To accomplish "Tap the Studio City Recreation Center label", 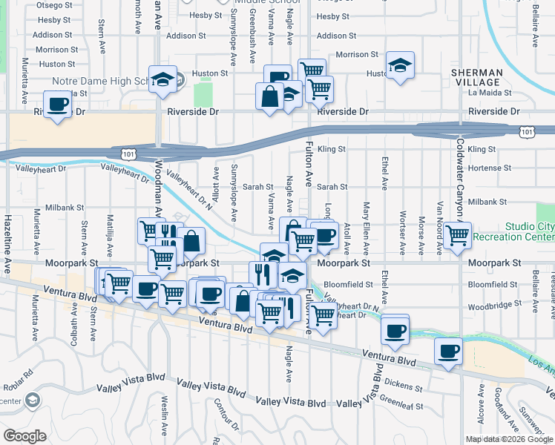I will click(529, 231).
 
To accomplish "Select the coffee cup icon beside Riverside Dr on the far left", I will click(57, 105).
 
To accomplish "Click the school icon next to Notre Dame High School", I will click(162, 80).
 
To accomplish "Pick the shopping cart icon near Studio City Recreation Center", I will click(458, 236).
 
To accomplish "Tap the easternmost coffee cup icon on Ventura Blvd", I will click(447, 352).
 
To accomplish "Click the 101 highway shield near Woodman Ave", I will click(127, 154).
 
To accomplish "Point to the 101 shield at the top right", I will click(526, 131).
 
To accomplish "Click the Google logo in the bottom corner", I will click(25, 436).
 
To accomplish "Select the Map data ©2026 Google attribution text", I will click(509, 439).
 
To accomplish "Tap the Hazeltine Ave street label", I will click(7, 237).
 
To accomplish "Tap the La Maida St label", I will click(490, 93).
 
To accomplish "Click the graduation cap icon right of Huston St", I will click(401, 65).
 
